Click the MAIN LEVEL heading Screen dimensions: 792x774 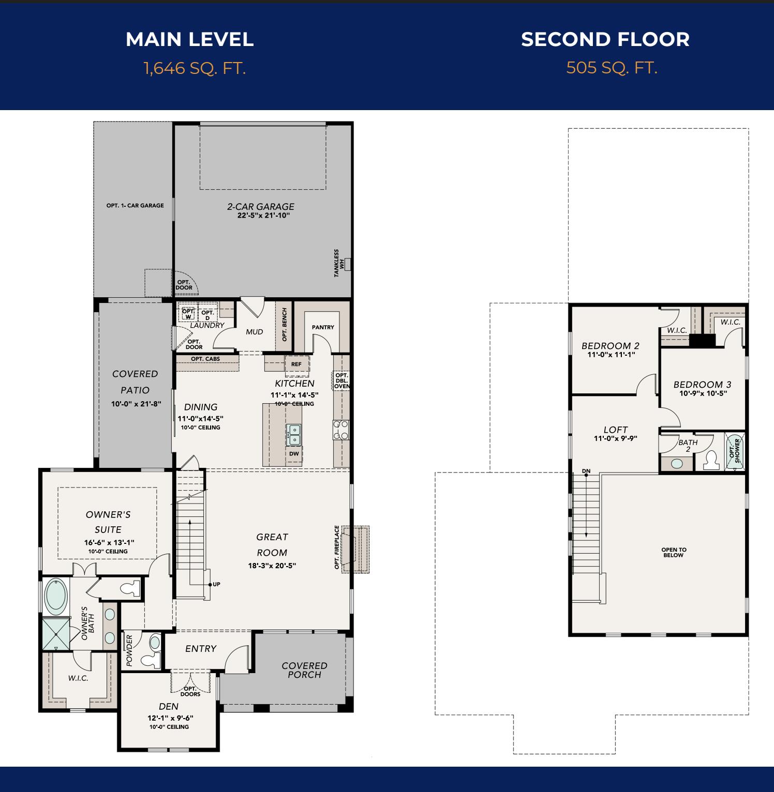click(x=189, y=40)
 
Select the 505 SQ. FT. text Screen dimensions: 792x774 click(x=612, y=68)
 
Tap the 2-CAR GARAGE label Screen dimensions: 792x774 click(x=261, y=206)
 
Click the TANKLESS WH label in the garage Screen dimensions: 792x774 click(x=339, y=263)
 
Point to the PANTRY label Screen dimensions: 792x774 click(x=323, y=327)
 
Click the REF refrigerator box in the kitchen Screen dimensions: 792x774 click(x=296, y=364)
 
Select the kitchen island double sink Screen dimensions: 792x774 click(x=294, y=435)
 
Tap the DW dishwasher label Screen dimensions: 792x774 click(x=294, y=454)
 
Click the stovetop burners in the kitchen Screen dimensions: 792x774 click(x=341, y=430)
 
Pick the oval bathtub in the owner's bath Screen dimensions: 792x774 click(x=56, y=596)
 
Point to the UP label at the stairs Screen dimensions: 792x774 click(x=216, y=584)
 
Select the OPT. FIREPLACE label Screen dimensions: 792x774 click(x=337, y=548)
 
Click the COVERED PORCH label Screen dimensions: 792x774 click(x=304, y=670)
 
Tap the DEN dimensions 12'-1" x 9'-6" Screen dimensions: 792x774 click(x=170, y=718)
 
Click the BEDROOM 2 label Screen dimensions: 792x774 click(x=611, y=346)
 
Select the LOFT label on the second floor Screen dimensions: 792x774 click(x=615, y=430)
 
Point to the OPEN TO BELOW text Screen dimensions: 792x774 click(x=674, y=553)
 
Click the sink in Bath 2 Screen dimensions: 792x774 click(x=677, y=463)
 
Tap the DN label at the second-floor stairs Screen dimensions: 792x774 click(x=586, y=471)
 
